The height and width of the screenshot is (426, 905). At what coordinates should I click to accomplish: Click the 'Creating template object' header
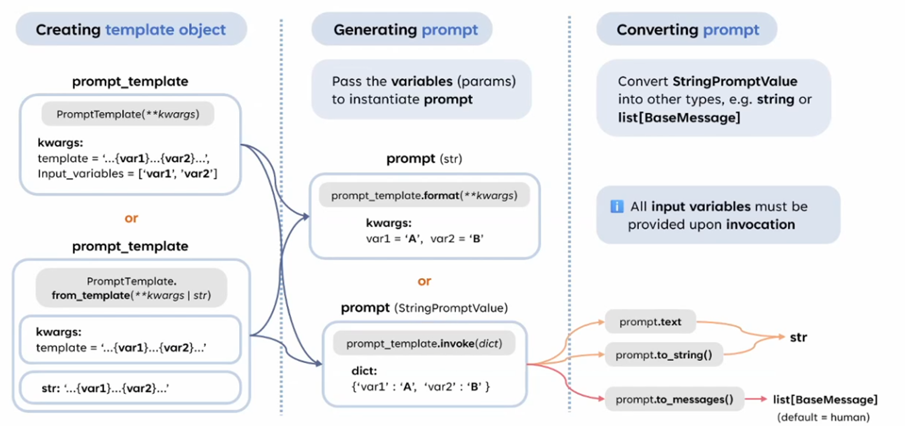tap(131, 29)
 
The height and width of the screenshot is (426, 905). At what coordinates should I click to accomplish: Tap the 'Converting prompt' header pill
tap(687, 29)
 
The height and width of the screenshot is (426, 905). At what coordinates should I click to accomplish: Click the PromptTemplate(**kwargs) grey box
tap(128, 114)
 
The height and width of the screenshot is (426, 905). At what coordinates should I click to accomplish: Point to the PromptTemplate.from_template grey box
tap(131, 288)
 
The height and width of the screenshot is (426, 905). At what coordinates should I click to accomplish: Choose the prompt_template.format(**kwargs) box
tap(424, 195)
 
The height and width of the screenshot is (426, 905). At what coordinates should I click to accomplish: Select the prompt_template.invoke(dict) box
tap(424, 344)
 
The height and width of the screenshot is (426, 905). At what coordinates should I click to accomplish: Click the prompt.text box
tap(650, 322)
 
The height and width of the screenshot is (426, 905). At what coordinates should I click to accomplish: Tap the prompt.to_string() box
tap(663, 355)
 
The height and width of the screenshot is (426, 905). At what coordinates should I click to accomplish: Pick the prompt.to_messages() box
tap(674, 399)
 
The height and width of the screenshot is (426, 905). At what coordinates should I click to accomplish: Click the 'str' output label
tap(798, 337)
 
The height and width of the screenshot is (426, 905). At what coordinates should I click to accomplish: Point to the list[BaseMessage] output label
tap(825, 399)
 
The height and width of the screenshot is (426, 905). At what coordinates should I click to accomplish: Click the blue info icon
tap(616, 206)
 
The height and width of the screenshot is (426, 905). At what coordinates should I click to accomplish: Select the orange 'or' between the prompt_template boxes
tap(131, 218)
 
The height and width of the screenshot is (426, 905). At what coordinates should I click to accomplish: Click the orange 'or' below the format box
tap(424, 281)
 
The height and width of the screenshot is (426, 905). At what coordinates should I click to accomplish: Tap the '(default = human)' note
tap(823, 417)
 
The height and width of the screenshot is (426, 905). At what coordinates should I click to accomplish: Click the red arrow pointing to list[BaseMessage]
tap(756, 399)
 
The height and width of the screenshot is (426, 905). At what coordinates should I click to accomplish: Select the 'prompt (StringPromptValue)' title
tap(424, 308)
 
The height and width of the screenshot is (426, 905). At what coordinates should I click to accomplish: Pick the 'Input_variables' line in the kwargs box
tap(127, 174)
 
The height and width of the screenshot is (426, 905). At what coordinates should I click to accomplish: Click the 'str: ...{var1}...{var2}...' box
tap(130, 388)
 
